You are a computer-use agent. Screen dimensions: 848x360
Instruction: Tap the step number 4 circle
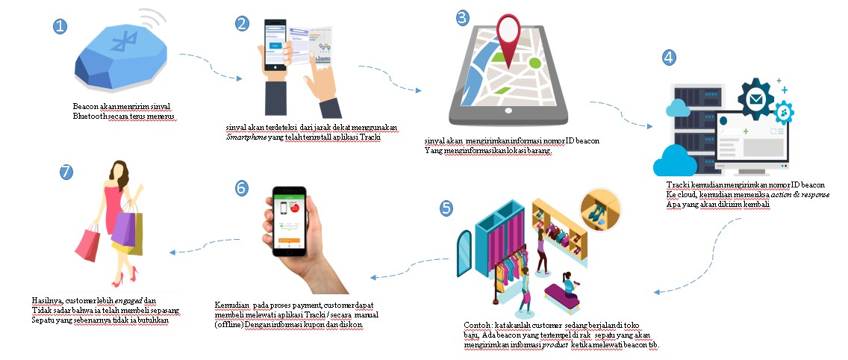pyautogui.click(x=670, y=57)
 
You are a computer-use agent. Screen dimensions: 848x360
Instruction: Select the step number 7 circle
pyautogui.click(x=67, y=172)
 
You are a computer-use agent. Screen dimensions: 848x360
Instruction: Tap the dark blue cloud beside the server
pyautogui.click(x=670, y=159)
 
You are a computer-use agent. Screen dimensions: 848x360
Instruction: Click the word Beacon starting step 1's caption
pyautogui.click(x=85, y=106)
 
